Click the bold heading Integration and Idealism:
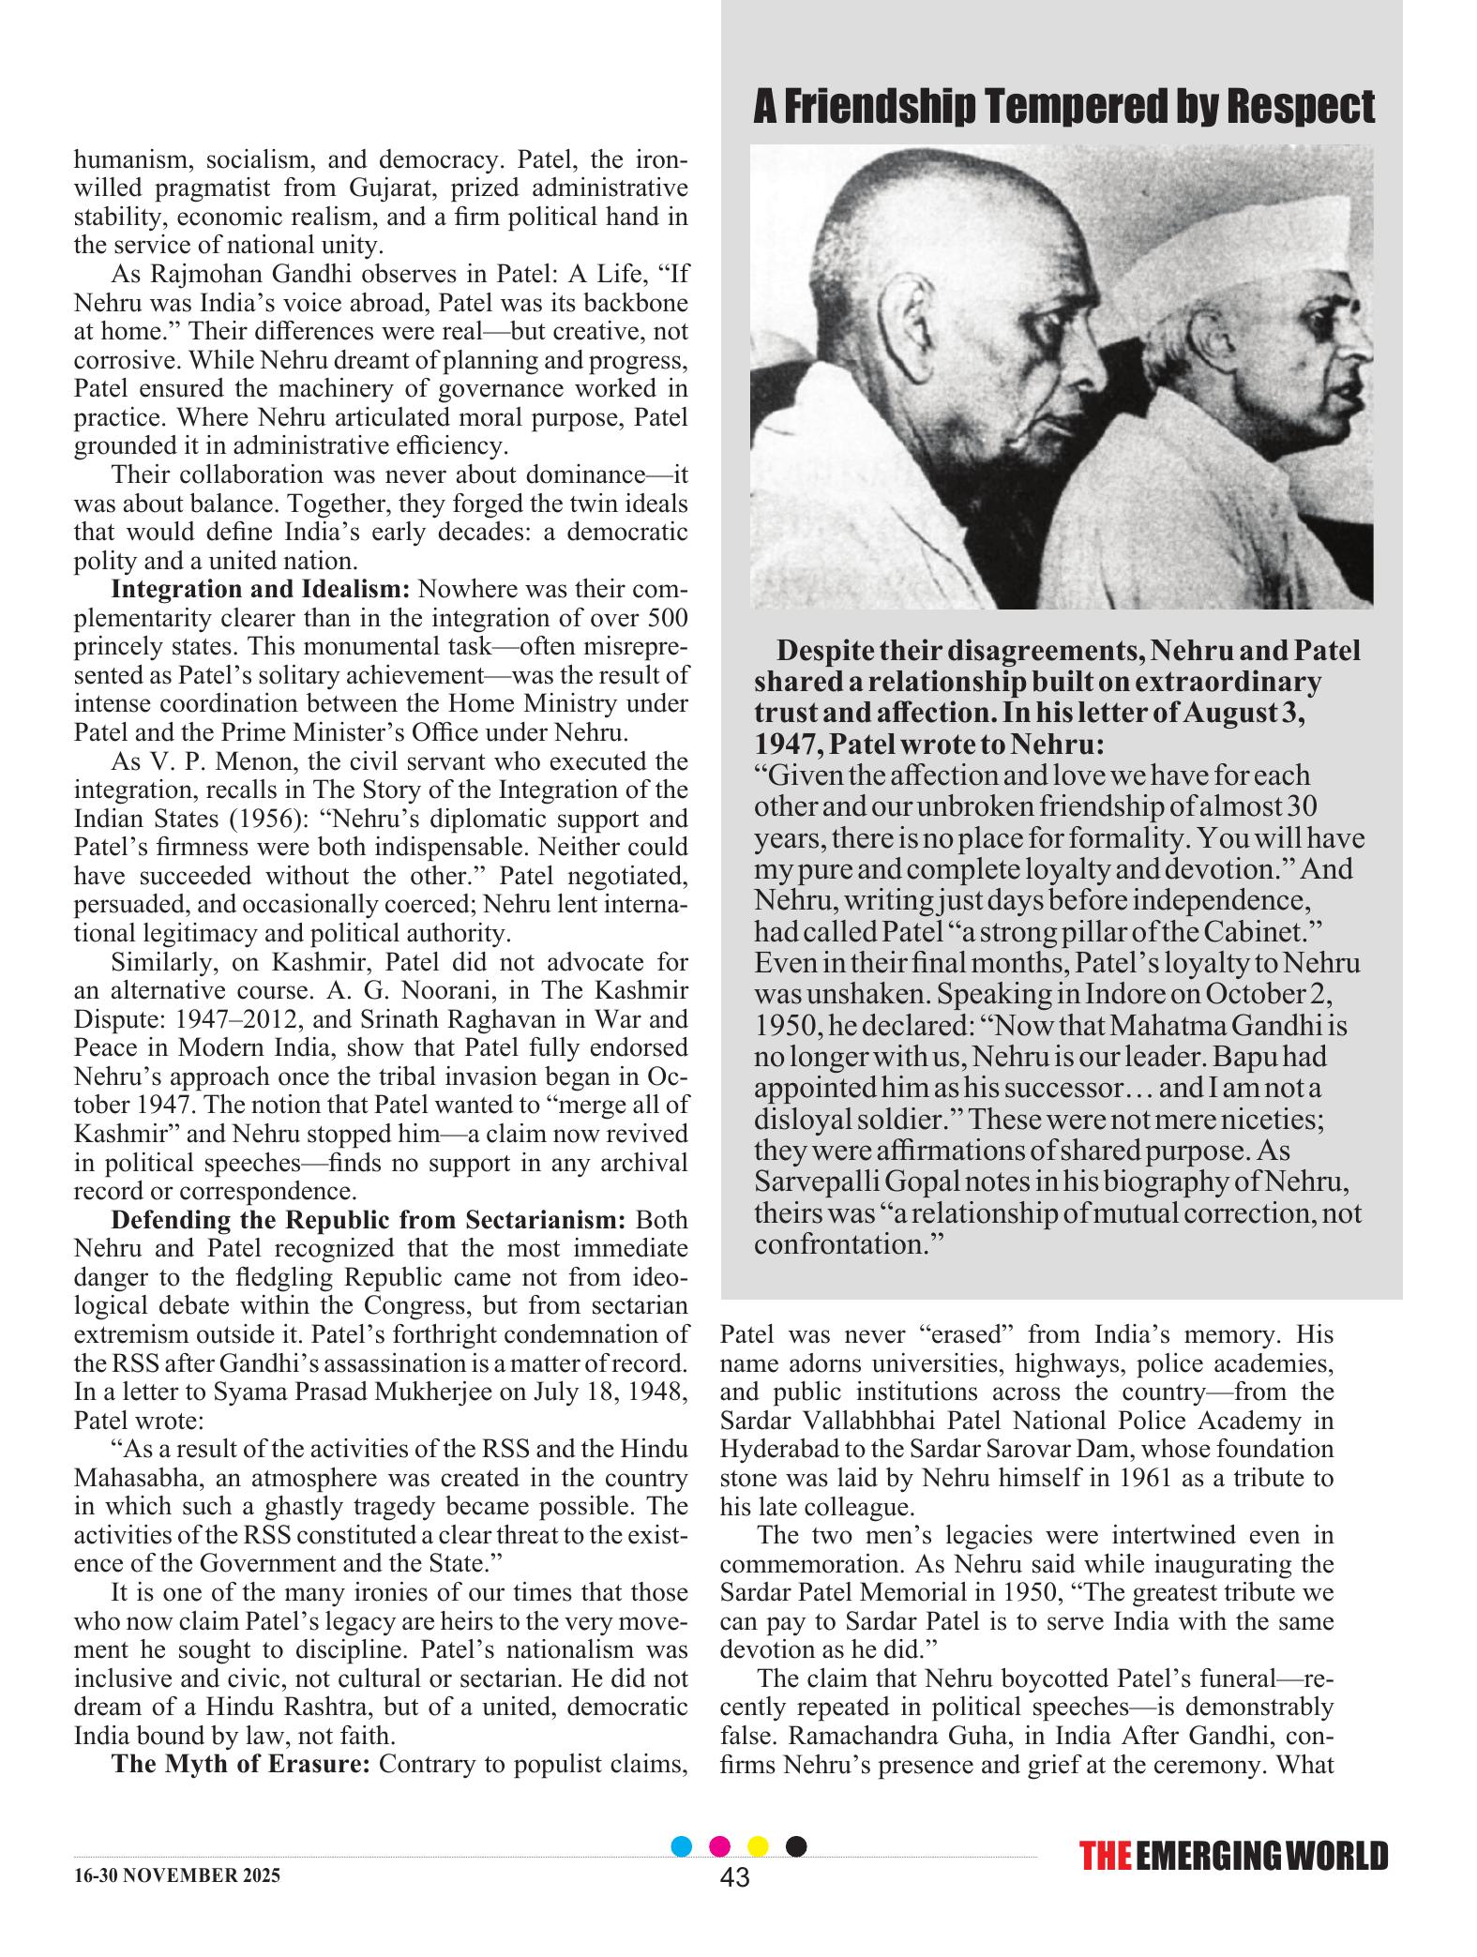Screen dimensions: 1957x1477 tap(261, 590)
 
